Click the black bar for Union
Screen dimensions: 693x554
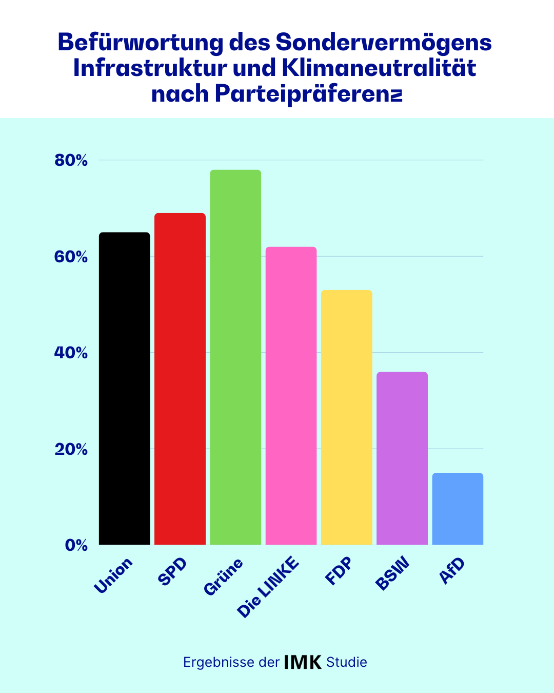click(125, 389)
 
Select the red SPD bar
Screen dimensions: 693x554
click(180, 379)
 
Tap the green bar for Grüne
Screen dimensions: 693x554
click(235, 357)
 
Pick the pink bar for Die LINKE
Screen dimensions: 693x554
click(291, 396)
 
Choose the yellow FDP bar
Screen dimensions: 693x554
click(347, 417)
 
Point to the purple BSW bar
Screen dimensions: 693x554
click(402, 458)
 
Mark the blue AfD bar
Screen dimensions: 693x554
click(458, 509)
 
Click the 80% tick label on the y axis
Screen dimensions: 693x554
click(71, 161)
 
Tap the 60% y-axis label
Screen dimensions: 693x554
click(71, 257)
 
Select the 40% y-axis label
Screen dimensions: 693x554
click(71, 353)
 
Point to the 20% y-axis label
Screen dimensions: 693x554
click(71, 449)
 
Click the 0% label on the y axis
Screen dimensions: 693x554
click(76, 545)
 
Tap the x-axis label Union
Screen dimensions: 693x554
click(113, 576)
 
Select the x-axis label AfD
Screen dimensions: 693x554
click(452, 571)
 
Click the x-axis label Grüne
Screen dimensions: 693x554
click(223, 577)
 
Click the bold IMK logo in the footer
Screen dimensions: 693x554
click(303, 662)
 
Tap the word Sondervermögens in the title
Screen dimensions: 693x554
click(384, 42)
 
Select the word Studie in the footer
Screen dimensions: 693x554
click(347, 662)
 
